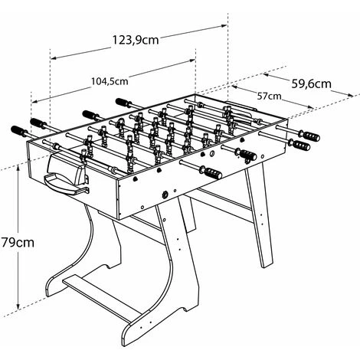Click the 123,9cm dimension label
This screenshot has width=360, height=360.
[x=136, y=40]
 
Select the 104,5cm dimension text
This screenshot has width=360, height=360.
[x=110, y=81]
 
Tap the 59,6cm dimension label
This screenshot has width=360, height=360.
[x=311, y=83]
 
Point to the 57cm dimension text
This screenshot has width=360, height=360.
[x=269, y=97]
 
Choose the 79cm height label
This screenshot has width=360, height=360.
[x=18, y=242]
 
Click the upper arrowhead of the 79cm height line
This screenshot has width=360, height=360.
[x=18, y=168]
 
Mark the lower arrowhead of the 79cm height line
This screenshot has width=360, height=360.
[x=18, y=306]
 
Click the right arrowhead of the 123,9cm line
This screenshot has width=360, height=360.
[x=224, y=25]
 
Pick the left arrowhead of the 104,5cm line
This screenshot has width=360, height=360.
[x=34, y=102]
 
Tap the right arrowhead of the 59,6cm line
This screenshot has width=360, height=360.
[x=350, y=95]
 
